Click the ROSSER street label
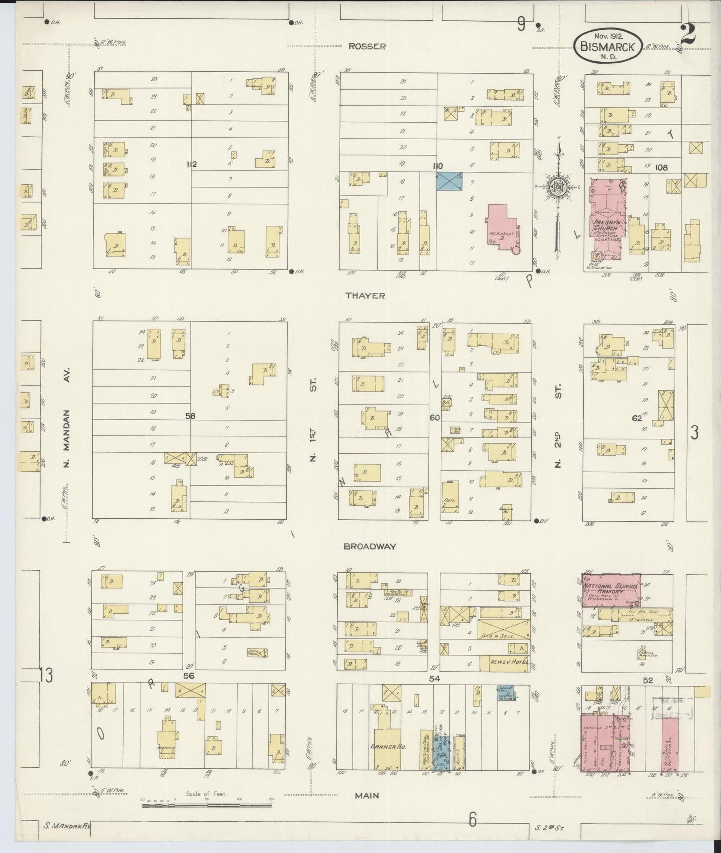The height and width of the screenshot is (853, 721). pos(367,46)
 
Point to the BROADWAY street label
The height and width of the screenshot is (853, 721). pos(370,546)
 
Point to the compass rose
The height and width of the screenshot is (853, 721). pos(557,187)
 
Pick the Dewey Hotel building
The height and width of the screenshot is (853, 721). pos(504,663)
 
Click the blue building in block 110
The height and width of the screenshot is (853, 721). pos(449,181)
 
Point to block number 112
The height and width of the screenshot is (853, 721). pos(192,164)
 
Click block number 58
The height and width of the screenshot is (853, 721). pos(190,416)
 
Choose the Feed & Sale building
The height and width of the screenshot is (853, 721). pos(503,629)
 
